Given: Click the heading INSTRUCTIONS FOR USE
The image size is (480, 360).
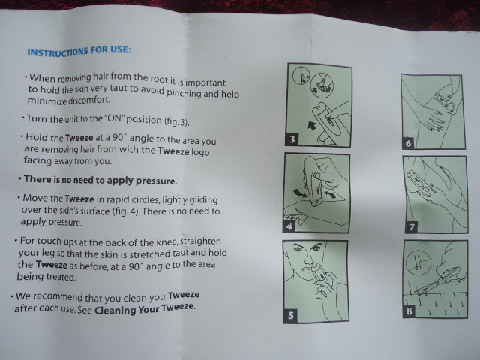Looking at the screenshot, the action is click(79, 51).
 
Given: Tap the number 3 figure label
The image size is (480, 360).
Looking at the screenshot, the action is click(292, 139).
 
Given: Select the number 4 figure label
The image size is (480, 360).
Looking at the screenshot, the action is click(289, 226).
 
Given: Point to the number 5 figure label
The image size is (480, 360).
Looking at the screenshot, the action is click(290, 315).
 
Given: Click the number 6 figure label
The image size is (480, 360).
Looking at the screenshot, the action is click(408, 143).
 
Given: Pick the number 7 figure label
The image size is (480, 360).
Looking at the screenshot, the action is click(412, 226).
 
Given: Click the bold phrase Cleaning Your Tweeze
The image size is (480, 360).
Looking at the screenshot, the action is click(144, 308).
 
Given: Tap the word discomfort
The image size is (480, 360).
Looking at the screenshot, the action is click(88, 100).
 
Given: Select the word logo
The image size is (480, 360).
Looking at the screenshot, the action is click(200, 151).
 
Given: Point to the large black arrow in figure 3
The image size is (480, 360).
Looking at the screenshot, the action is click(312, 125).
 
